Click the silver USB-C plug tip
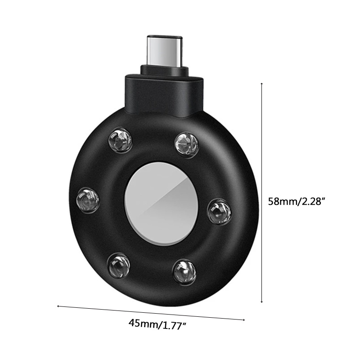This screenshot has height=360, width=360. click(164, 50)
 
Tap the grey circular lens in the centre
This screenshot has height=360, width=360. click(161, 204)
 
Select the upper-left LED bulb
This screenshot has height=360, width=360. click(120, 140)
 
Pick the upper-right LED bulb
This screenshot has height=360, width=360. click(186, 145)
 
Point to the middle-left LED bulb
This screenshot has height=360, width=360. click(88, 200)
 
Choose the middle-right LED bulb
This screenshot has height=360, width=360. click(220, 211)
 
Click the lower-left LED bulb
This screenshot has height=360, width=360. click(119, 265)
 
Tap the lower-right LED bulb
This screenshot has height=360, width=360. click(184, 272)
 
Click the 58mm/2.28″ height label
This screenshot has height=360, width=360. click(297, 201)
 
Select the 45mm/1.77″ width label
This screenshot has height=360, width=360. click(157, 324)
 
